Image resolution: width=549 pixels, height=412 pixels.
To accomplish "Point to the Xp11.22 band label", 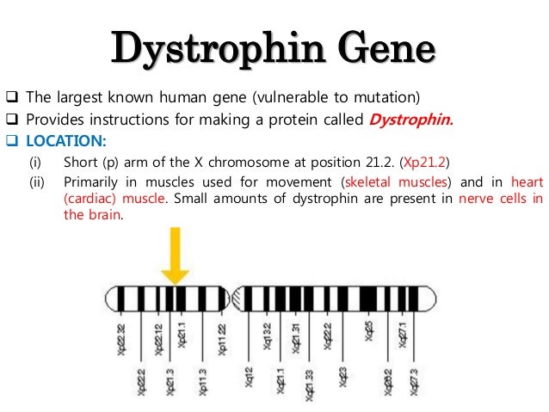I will tap(223, 337).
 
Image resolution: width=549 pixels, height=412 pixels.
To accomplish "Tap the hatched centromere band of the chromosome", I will tap(237, 298).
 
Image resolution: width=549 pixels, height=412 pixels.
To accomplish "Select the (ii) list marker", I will tap(37, 182).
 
